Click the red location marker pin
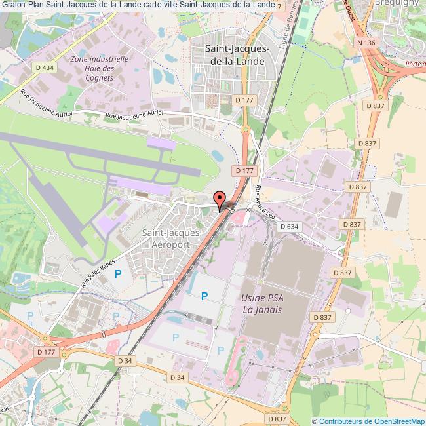(220, 199)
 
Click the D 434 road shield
(45, 68)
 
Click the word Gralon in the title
(13, 5)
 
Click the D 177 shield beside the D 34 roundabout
(47, 353)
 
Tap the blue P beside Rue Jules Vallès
(118, 273)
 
